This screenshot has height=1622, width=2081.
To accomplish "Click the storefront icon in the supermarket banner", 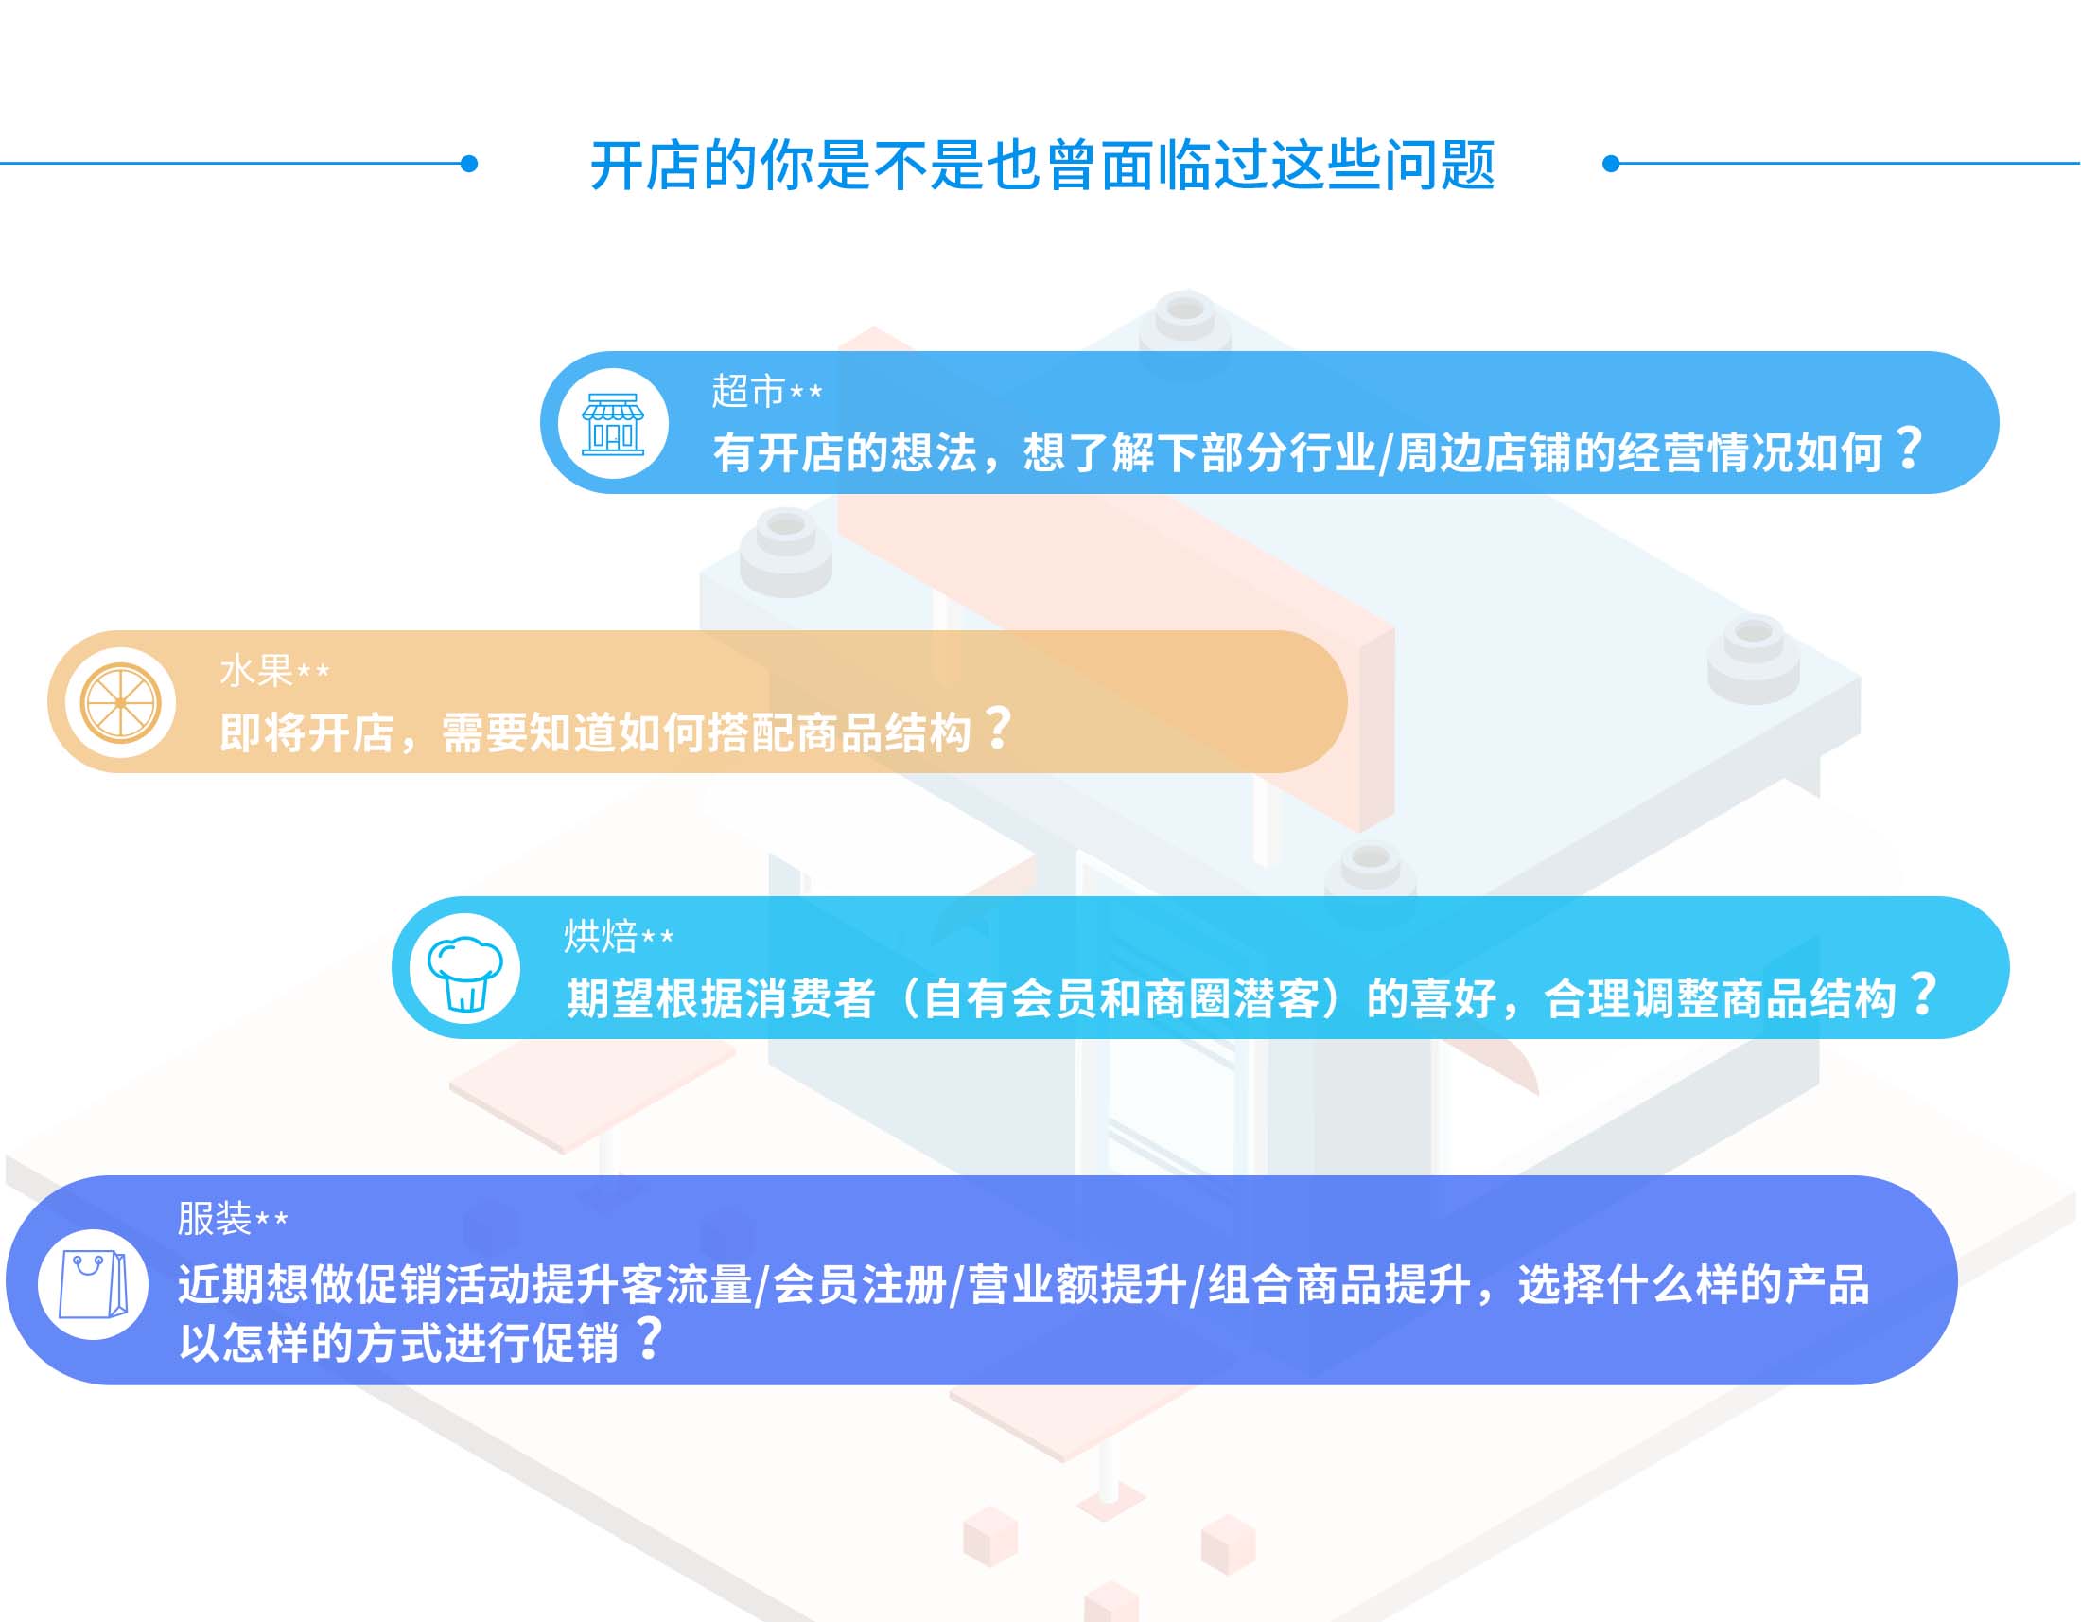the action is (x=613, y=423).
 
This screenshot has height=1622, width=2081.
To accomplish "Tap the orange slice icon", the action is (x=120, y=703).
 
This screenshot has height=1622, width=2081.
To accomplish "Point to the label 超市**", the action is (x=767, y=391).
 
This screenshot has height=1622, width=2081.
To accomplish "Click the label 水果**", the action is (x=274, y=671).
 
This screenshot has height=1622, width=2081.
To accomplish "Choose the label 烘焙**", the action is (x=619, y=937).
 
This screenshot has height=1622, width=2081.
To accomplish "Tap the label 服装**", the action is (x=233, y=1218).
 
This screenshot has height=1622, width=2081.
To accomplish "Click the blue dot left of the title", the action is (x=469, y=164).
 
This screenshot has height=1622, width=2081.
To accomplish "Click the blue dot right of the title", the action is (x=1611, y=164).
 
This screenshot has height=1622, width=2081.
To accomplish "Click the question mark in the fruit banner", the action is (x=998, y=727).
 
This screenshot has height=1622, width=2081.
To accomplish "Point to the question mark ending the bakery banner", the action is (x=1924, y=993).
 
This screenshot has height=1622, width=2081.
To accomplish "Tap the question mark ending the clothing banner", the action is (x=650, y=1338).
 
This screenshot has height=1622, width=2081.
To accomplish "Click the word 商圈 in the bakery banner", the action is (x=1187, y=998).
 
